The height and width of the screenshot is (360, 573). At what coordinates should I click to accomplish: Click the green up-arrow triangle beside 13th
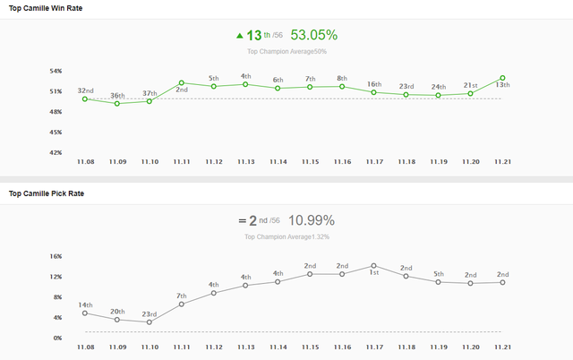coord(240,37)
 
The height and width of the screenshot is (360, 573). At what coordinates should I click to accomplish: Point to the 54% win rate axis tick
coord(56,71)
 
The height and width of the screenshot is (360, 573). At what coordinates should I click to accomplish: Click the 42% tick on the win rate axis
coord(56,152)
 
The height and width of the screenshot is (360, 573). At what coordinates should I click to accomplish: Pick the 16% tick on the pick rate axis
coord(56,256)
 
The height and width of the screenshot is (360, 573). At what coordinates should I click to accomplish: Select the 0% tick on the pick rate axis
coord(57,338)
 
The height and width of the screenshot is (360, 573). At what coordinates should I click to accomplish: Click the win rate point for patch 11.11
coord(182,82)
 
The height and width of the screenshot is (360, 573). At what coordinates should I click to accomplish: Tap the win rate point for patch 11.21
coord(503,79)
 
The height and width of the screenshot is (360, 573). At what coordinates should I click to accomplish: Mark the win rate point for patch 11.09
coord(117,103)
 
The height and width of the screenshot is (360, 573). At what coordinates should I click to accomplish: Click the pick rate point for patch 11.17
coord(374,266)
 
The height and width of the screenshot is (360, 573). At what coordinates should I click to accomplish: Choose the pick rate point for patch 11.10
coord(150,321)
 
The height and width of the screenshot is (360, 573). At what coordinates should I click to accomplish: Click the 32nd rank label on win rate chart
coord(86,90)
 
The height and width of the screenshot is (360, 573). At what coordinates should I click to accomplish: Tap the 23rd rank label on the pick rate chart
coord(150,314)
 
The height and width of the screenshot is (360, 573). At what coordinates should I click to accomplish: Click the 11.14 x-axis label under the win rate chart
coord(278,161)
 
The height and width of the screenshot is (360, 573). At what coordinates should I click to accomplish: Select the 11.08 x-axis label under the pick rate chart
coord(86,347)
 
